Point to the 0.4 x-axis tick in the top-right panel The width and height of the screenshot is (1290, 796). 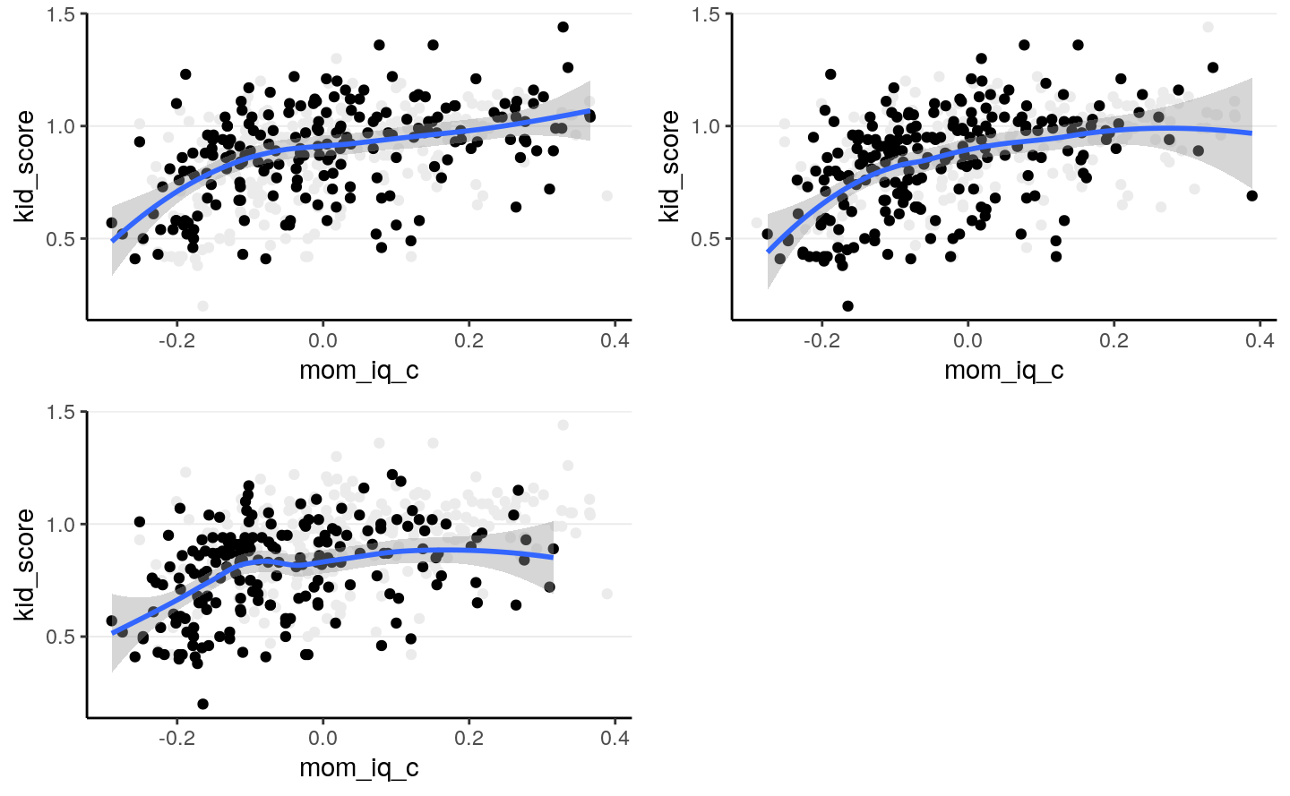pos(1260,340)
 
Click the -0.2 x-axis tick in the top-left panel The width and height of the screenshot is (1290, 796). pos(176,340)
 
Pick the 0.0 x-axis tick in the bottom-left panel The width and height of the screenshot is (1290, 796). pos(322,738)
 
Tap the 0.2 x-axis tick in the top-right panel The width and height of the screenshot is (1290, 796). pos(1114,340)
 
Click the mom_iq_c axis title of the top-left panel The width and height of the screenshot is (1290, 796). pos(359,370)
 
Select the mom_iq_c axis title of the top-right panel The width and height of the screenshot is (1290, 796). pos(1004,370)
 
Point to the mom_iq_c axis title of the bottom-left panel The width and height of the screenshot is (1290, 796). pos(359,767)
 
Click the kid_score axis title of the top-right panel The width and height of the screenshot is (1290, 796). pos(669,167)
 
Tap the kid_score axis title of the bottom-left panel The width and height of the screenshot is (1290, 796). pos(24,564)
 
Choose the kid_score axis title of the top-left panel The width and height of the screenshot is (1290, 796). pos(24,167)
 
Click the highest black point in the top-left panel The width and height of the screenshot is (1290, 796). pos(563,27)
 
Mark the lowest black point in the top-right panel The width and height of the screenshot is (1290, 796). pos(847,306)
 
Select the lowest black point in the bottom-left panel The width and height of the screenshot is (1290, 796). pos(202,705)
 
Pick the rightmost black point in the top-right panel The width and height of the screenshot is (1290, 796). pos(1251,196)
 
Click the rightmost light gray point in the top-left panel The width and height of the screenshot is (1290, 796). pos(607,196)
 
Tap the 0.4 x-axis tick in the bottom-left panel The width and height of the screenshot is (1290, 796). pos(615,738)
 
